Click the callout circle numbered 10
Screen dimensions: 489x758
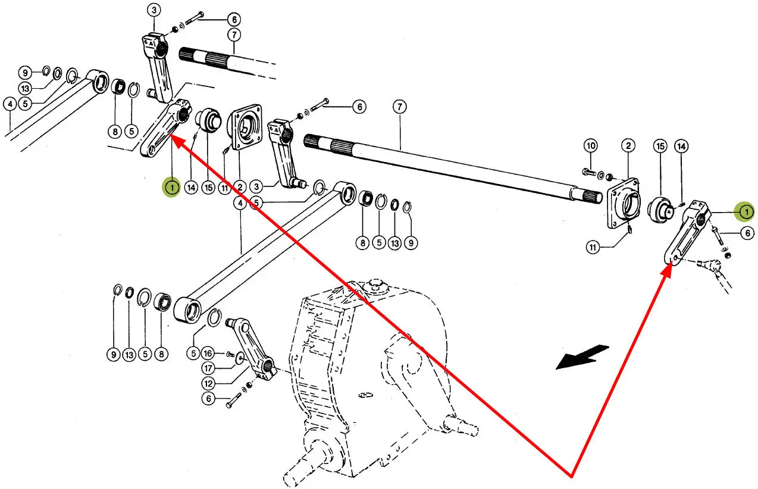(x=590, y=145)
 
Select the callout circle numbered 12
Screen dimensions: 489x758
(x=208, y=383)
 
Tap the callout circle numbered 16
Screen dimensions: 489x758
(x=208, y=353)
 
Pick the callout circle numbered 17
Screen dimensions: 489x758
(x=208, y=367)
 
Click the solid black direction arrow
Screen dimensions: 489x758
(x=582, y=357)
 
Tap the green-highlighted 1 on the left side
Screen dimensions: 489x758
(x=171, y=188)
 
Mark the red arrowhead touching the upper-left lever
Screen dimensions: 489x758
(x=176, y=139)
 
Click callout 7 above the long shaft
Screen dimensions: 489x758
(x=399, y=107)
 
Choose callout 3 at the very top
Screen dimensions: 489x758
(x=154, y=10)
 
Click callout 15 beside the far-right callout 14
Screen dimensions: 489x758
(x=659, y=145)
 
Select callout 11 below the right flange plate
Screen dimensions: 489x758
(x=593, y=247)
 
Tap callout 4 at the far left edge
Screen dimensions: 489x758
(x=10, y=104)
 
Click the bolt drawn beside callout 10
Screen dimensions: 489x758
(x=588, y=173)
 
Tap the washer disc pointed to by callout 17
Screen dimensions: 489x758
(x=239, y=358)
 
